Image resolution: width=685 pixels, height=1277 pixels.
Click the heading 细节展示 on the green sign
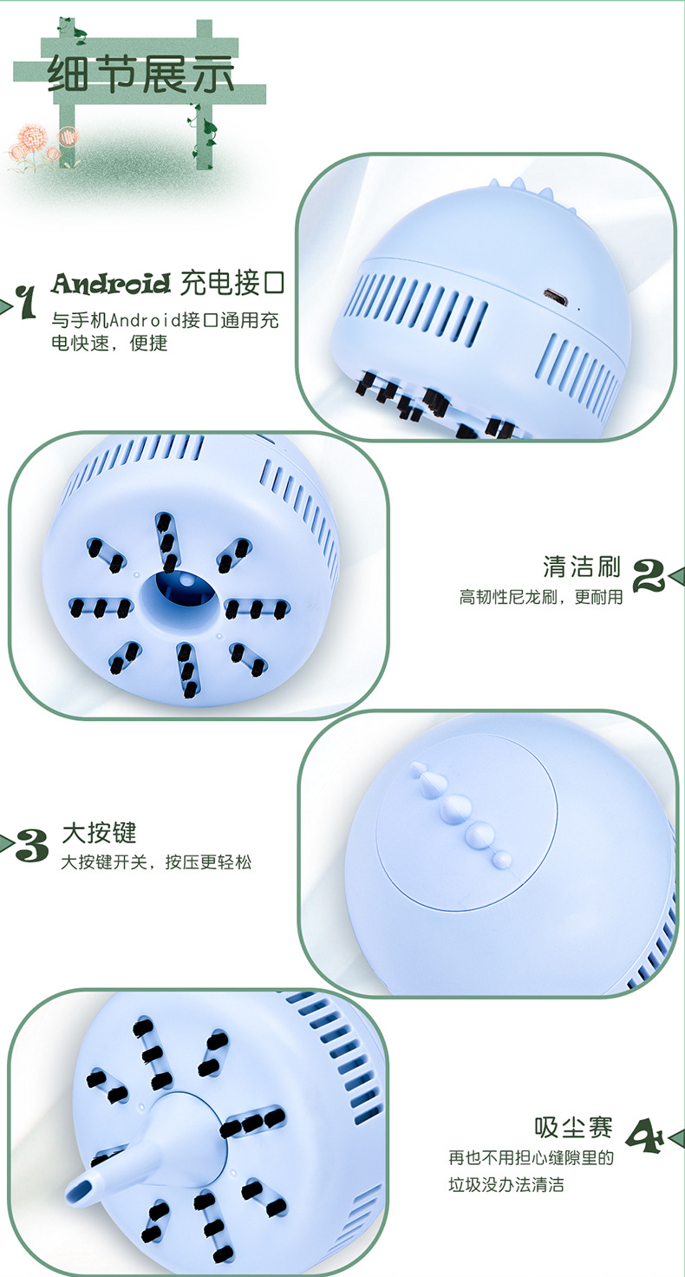coord(140,74)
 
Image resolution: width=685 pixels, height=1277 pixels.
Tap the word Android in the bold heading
coord(111,283)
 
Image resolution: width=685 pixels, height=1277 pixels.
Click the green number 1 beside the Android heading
coord(26,301)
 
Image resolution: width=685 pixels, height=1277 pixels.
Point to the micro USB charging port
coord(552,296)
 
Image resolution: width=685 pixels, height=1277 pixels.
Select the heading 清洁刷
coord(581,566)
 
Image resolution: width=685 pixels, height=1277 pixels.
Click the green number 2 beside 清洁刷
coord(649,576)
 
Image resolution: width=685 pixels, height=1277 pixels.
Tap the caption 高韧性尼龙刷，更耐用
coord(541,597)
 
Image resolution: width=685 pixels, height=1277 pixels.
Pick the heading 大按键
coord(99,833)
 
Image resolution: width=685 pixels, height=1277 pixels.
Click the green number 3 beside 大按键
coord(32,845)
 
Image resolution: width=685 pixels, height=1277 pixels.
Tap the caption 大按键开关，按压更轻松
coord(156,862)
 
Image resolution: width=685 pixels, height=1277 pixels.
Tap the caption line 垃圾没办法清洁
coord(506,1185)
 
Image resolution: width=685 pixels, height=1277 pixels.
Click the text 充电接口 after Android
coord(232,283)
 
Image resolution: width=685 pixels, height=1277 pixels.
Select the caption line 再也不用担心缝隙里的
coord(532,1158)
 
